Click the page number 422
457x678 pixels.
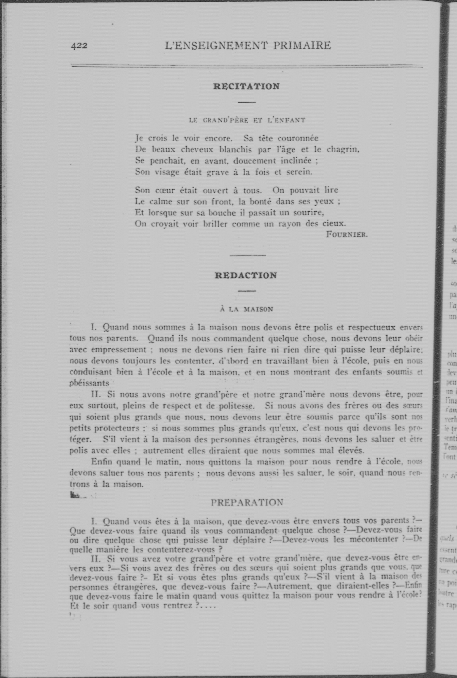79,46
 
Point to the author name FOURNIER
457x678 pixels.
347,234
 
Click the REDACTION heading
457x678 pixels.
246,276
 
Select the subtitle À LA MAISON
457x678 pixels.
247,309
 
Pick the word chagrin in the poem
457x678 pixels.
343,150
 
